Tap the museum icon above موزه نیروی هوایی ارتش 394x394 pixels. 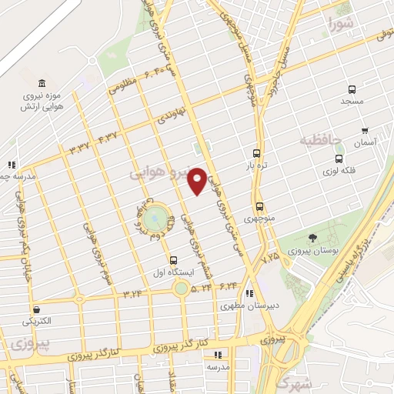coord(41,83)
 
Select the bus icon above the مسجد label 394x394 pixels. coord(352,89)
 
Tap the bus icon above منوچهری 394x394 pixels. coord(259,206)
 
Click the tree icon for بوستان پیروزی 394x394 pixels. coord(311,238)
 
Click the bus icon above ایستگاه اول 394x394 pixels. coord(173,260)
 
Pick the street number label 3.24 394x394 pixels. coord(132,293)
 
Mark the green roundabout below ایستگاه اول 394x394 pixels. coord(181,289)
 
